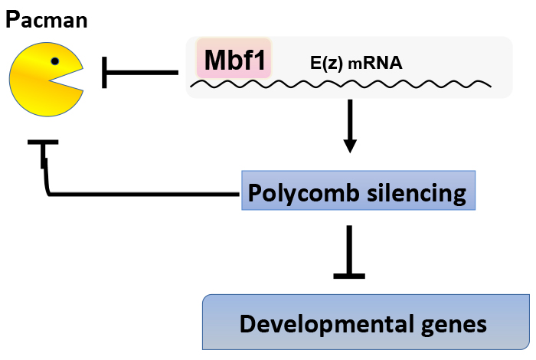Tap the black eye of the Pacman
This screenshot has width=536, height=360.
(x=55, y=61)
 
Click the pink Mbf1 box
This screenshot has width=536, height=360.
(x=234, y=59)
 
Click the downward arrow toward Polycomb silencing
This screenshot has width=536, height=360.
(x=350, y=123)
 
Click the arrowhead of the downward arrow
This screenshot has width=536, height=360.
(x=350, y=146)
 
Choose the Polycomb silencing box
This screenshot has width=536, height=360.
(x=358, y=191)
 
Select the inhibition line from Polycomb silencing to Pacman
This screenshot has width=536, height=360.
(x=138, y=195)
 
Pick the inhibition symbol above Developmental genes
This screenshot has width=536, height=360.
(x=350, y=253)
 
